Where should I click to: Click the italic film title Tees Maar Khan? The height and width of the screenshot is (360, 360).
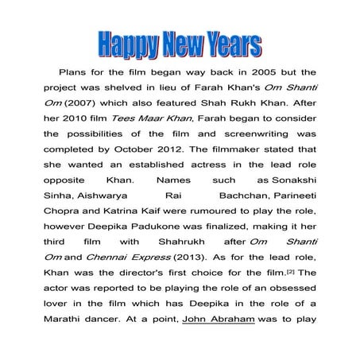145,119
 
